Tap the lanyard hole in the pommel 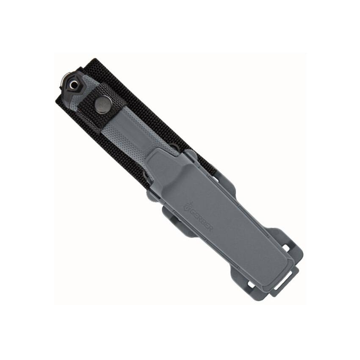pyautogui.click(x=74, y=86)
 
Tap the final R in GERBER pyautogui.click(x=210, y=228)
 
